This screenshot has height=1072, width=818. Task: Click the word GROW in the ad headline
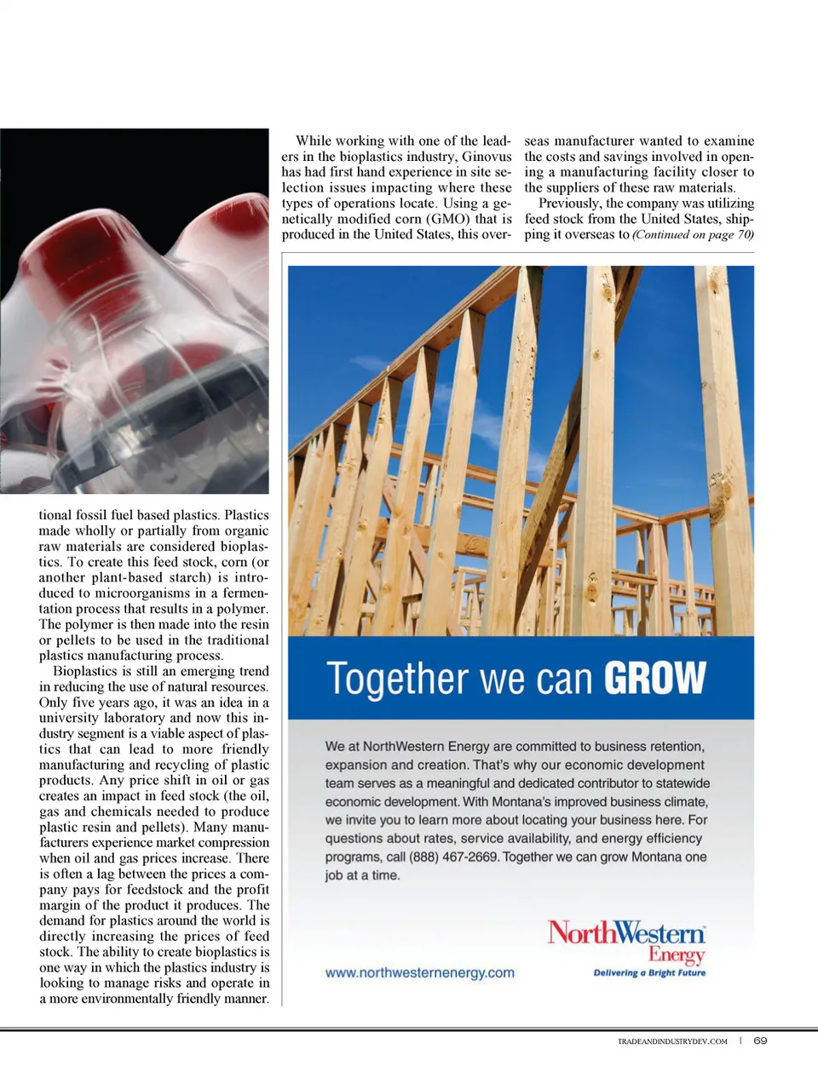pos(654,678)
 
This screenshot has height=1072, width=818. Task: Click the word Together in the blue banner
pos(399,679)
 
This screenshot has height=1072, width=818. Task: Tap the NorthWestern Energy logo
pos(626,941)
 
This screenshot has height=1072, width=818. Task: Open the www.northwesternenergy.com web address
pos(420,972)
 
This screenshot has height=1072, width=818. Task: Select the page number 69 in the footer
pos(760,1040)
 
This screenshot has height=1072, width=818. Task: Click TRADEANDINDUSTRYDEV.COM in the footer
pos(672,1041)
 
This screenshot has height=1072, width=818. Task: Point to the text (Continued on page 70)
pos(693,234)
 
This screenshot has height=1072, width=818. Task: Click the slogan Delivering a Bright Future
pos(649,972)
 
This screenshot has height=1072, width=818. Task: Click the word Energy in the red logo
pos(677,954)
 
